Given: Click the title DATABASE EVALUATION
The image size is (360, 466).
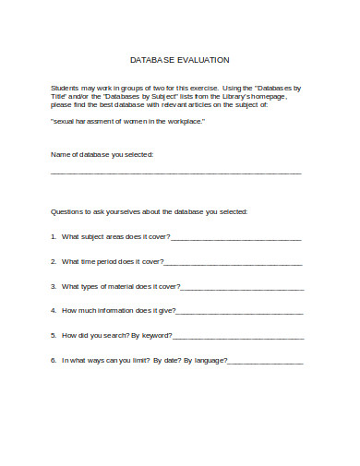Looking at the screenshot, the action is click(179, 58).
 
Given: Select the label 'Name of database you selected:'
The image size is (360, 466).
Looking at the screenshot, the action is click(102, 153).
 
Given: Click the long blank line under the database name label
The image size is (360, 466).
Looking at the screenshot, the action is click(175, 172).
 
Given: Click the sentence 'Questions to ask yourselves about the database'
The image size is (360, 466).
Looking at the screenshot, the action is click(149, 211).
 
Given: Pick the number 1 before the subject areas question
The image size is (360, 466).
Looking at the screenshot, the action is click(53, 237).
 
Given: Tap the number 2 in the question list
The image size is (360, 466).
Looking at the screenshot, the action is click(53, 261).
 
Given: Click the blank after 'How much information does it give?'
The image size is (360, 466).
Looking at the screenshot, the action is click(239, 311).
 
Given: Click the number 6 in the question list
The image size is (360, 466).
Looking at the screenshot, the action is click(53, 359).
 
